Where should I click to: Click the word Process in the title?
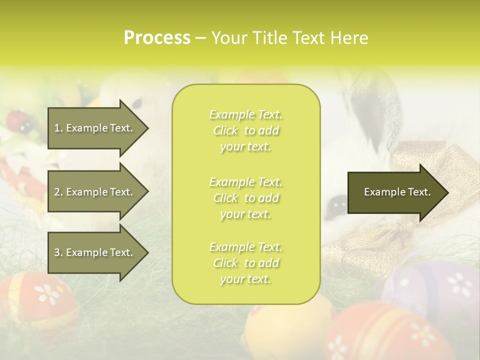coord(157,37)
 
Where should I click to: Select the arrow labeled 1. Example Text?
coord(95,128)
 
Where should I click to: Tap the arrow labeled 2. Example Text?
coord(95,192)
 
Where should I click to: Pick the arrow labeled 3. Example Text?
coord(95,252)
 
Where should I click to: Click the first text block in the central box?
coord(245,130)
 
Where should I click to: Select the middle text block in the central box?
coord(245,198)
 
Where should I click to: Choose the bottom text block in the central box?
coord(245,263)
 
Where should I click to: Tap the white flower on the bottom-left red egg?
coord(49,294)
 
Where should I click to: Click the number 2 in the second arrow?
coord(56,192)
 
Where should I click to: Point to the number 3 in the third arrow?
coord(56,252)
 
